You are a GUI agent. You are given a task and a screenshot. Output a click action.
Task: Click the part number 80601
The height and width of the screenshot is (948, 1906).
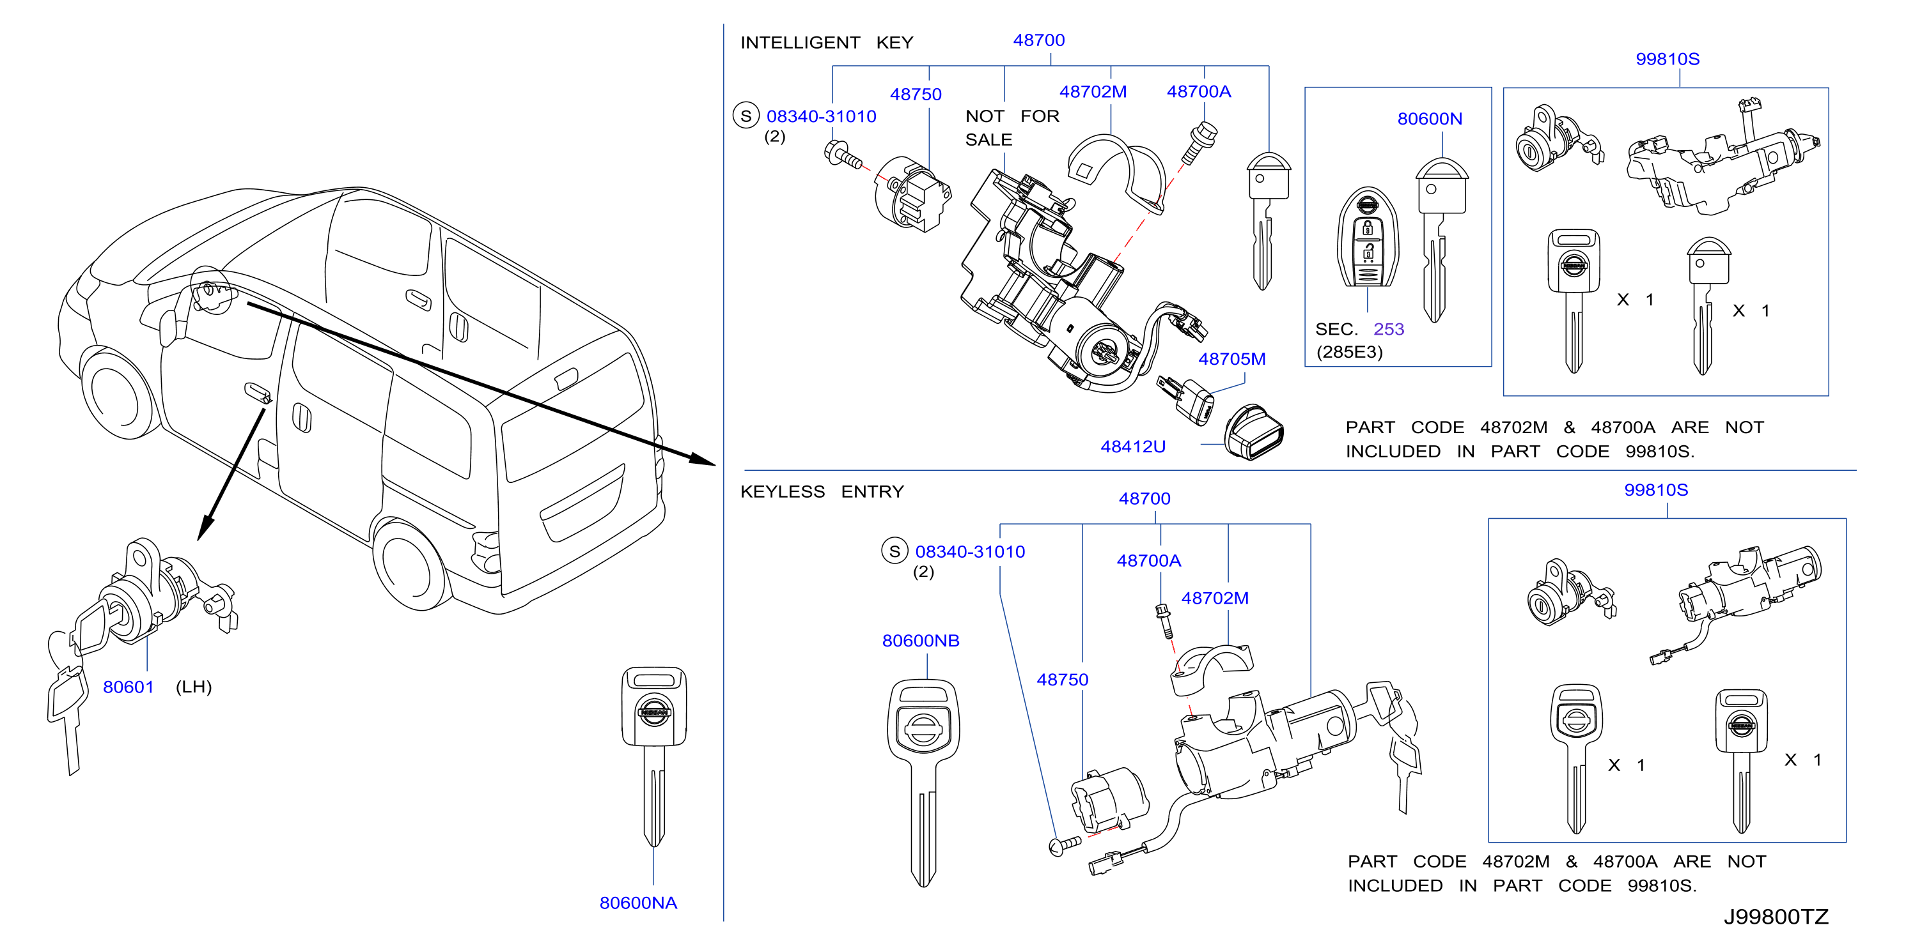pos(128,687)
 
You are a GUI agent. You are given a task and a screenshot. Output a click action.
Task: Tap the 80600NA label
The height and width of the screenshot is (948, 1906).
pos(638,903)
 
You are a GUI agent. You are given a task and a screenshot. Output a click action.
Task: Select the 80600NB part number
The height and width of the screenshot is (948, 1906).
pos(921,640)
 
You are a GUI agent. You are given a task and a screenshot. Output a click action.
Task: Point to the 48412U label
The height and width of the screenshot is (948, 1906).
pos(1133,447)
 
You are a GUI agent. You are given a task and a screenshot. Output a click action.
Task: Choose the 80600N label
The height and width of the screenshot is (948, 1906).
pos(1430,118)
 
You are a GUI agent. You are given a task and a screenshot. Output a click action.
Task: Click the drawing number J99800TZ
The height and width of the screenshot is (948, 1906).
pos(1776,917)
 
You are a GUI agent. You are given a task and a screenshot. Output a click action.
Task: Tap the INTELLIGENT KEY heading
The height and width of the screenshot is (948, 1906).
pos(827,42)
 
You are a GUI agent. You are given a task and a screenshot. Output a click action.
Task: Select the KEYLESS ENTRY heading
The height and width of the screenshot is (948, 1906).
pos(822,492)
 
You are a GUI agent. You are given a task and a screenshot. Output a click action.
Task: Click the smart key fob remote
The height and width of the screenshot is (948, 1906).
pos(1368,238)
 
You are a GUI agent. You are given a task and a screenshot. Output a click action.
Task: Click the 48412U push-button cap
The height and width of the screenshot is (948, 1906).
pos(1254,432)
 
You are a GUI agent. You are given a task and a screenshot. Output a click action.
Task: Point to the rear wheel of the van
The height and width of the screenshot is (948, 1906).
pos(409,567)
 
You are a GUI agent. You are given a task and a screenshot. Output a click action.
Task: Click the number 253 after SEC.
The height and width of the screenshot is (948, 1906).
pos(1389,329)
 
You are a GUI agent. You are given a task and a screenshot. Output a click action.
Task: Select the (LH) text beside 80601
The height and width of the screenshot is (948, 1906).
pos(194,687)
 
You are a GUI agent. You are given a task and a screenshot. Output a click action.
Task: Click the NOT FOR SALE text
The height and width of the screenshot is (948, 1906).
pos(1012,128)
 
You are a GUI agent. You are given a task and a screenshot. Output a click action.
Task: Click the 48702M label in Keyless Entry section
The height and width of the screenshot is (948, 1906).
pos(1215,598)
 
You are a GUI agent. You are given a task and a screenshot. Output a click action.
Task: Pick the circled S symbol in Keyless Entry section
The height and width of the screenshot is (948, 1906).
pos(894,551)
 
